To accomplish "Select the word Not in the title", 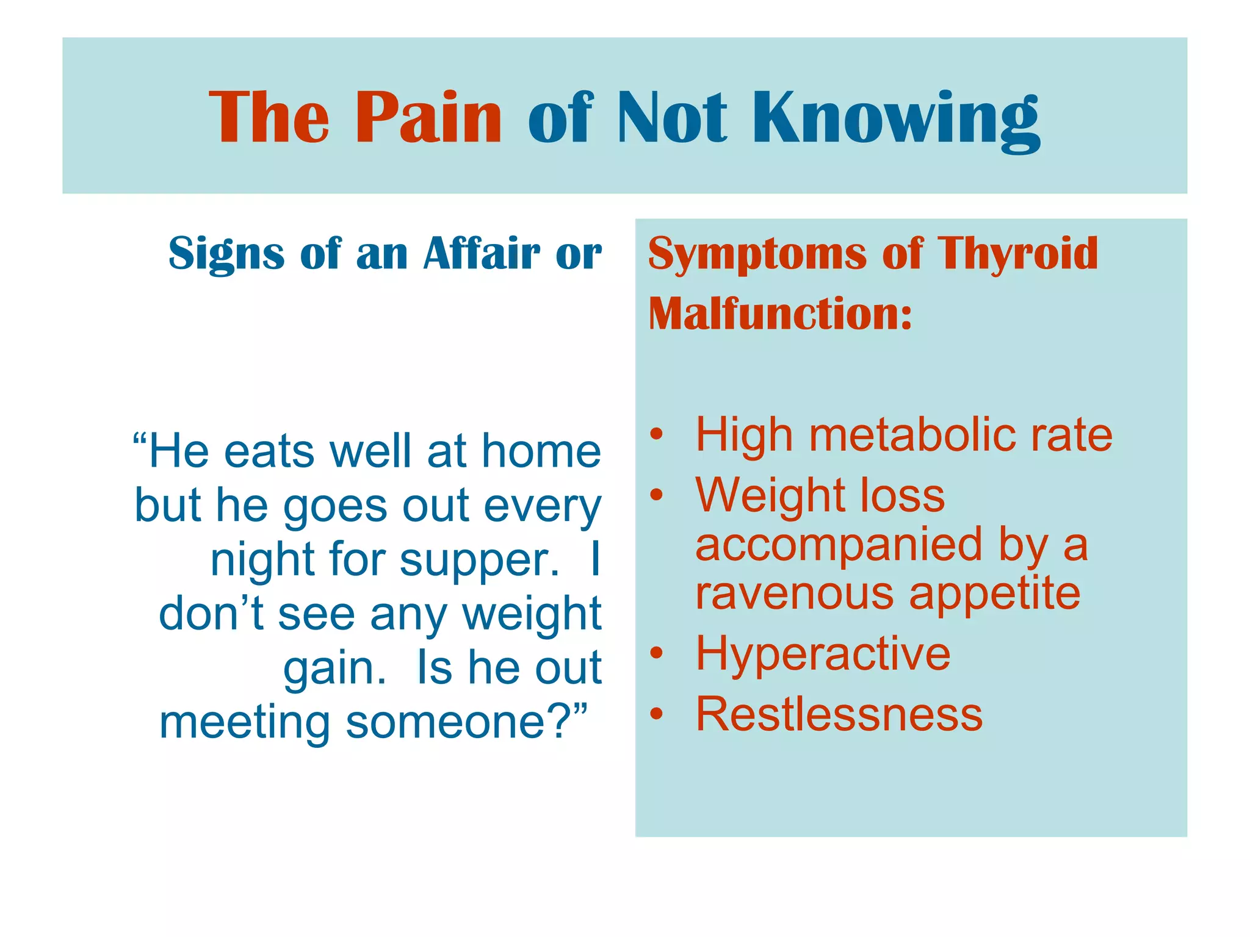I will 672,117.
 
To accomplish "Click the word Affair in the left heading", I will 482,253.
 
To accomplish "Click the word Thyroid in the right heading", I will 1017,253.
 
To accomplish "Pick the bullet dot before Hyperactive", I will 656,653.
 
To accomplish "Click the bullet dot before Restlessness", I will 656,713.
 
